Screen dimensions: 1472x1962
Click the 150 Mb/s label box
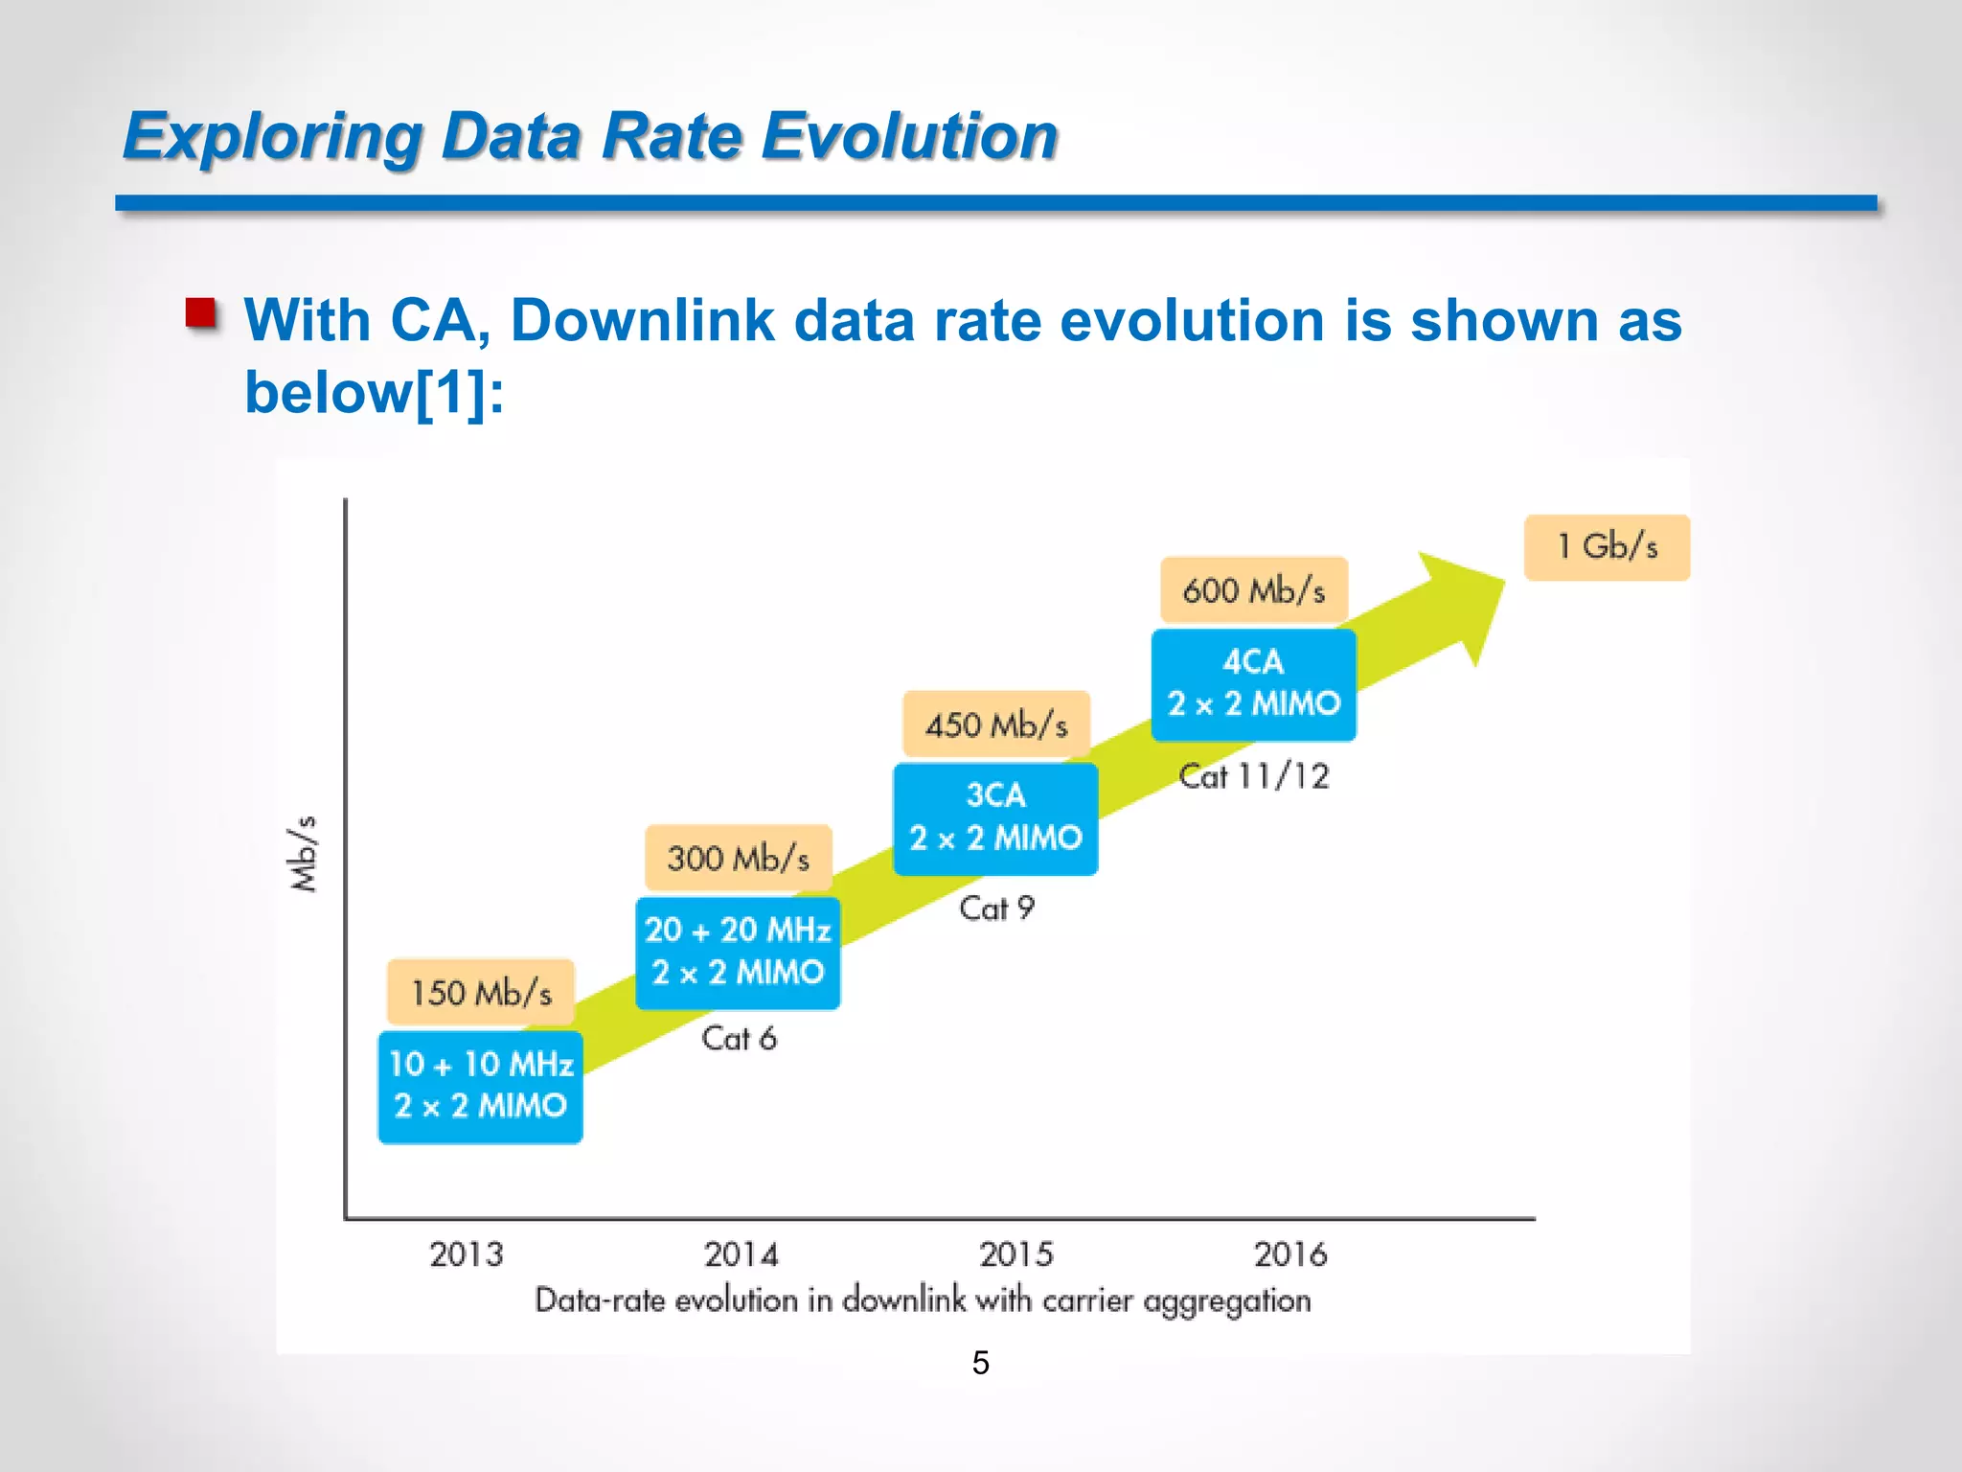(481, 992)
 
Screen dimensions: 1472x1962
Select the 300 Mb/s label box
(738, 858)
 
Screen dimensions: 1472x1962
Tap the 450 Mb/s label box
(996, 724)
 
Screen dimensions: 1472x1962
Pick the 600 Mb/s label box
(1254, 590)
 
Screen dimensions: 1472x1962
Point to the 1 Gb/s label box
(1607, 547)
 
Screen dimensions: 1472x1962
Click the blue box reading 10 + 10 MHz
(480, 1086)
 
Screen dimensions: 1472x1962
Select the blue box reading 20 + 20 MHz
(738, 953)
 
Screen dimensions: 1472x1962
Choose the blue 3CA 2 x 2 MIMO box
(995, 818)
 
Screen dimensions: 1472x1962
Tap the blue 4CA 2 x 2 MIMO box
(1253, 684)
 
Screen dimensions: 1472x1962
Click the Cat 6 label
(739, 1038)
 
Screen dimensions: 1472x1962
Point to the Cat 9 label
(996, 908)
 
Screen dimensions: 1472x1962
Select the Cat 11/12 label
(1254, 775)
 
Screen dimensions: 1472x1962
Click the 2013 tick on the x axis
(466, 1253)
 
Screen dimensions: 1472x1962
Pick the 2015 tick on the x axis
(1015, 1253)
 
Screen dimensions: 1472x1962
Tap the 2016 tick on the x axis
(1290, 1253)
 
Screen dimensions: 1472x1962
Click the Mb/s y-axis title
(304, 854)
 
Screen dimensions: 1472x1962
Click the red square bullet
(201, 313)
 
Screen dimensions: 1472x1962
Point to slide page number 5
(980, 1362)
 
